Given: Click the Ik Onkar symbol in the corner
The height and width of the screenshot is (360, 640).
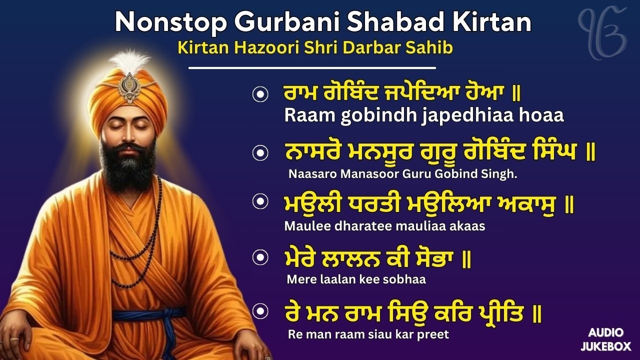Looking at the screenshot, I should click(x=602, y=27).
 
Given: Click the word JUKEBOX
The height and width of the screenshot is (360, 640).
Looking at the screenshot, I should click(x=606, y=346).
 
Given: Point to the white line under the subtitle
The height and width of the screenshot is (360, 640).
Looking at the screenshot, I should click(x=312, y=67).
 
